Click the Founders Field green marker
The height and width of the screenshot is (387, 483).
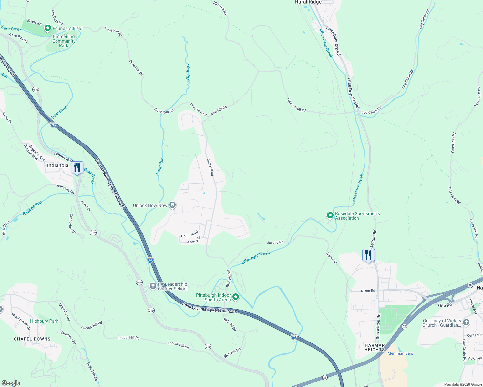[48, 28]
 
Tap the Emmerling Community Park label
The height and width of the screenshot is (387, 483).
[64, 41]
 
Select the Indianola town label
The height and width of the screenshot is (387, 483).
[58, 165]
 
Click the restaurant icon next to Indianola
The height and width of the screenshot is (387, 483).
[77, 167]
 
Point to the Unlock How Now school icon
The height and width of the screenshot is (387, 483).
[172, 205]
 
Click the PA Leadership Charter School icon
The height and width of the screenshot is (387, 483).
[153, 286]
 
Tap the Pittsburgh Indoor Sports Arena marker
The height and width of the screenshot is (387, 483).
[236, 297]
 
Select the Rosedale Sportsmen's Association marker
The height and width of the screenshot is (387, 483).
[330, 215]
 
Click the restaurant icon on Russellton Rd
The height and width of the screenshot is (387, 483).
[368, 255]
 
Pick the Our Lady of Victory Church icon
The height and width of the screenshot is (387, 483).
[466, 322]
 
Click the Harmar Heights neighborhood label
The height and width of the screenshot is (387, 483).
[375, 347]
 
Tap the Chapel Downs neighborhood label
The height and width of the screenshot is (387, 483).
[32, 339]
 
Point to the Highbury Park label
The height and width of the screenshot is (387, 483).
[44, 321]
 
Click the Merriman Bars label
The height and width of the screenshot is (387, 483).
[400, 353]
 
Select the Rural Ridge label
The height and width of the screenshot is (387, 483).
[308, 2]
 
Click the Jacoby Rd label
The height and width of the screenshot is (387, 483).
[275, 242]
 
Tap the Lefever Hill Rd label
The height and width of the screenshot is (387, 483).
[296, 105]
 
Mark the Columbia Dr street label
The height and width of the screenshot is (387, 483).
[190, 234]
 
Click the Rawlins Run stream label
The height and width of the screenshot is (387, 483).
[32, 209]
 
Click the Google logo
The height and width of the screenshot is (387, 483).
[11, 383]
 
